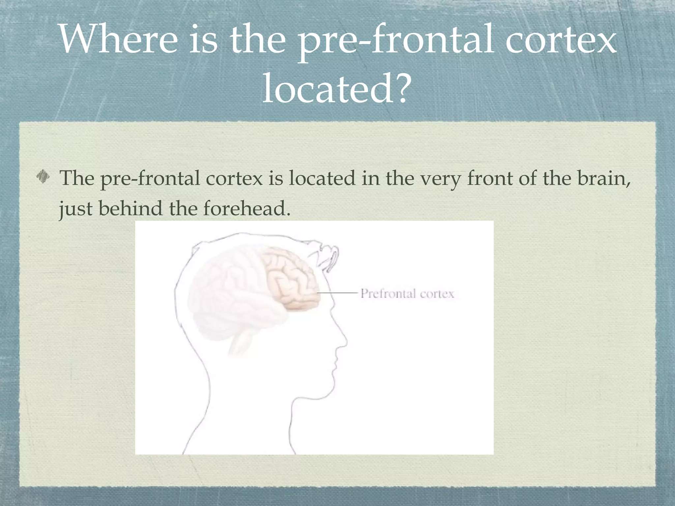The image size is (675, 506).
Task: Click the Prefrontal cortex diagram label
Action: click(407, 293)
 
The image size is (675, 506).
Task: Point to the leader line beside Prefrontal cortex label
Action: click(337, 293)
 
